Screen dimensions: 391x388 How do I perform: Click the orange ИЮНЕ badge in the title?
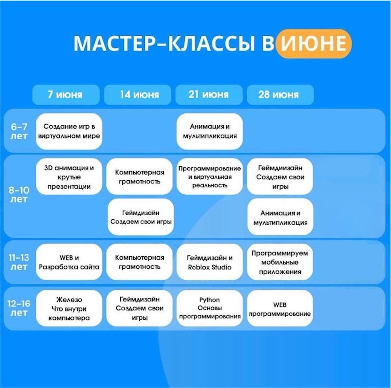click(314, 44)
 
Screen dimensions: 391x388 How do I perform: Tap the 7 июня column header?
click(66, 95)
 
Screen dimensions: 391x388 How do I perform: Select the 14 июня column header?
click(138, 95)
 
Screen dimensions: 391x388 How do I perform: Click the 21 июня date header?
click(209, 95)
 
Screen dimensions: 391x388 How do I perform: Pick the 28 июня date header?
click(280, 95)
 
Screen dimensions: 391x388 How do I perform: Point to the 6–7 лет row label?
click(19, 132)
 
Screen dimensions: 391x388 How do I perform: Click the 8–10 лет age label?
click(19, 195)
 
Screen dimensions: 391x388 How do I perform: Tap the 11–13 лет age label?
click(19, 262)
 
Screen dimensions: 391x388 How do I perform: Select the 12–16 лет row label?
click(19, 308)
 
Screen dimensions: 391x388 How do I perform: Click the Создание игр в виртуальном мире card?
click(69, 132)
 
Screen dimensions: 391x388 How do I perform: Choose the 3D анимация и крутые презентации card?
click(69, 177)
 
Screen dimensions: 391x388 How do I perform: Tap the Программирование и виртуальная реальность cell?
click(209, 177)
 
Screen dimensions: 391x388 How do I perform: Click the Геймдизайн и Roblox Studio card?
click(209, 262)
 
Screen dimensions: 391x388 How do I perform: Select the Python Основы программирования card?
click(209, 308)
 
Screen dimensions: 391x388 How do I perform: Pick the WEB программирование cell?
click(280, 308)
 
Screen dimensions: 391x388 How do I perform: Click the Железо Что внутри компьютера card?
click(69, 308)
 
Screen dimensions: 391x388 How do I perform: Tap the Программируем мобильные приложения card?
click(280, 262)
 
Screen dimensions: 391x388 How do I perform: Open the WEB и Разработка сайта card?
click(69, 262)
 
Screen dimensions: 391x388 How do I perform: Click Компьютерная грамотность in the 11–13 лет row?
click(140, 262)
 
